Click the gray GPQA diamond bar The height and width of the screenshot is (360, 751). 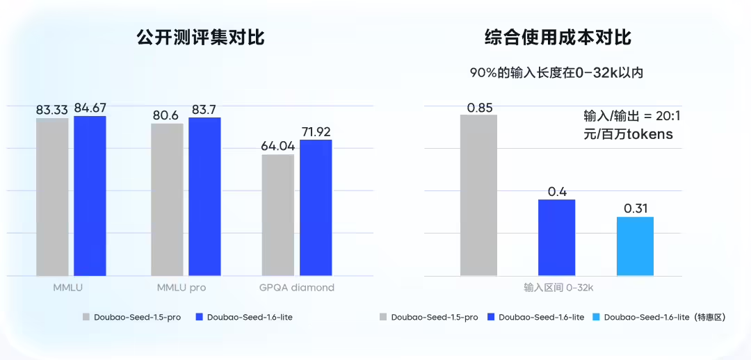click(x=278, y=215)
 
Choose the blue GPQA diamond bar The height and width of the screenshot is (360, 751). click(x=316, y=208)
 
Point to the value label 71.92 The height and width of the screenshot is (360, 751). click(x=316, y=131)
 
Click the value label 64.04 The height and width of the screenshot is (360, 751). click(x=278, y=146)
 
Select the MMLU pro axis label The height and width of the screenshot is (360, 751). click(x=182, y=288)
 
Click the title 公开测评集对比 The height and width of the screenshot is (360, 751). click(x=201, y=38)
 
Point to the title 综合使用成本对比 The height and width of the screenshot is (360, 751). click(x=558, y=38)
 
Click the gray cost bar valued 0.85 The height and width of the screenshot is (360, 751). click(x=479, y=195)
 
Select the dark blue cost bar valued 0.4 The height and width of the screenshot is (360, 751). click(x=557, y=238)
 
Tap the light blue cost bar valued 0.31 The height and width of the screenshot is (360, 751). click(x=635, y=246)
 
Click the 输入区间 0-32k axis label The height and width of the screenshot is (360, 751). click(x=558, y=286)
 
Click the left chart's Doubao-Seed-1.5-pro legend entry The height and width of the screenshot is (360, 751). click(x=131, y=317)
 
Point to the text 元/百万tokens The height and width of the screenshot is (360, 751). click(x=628, y=135)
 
